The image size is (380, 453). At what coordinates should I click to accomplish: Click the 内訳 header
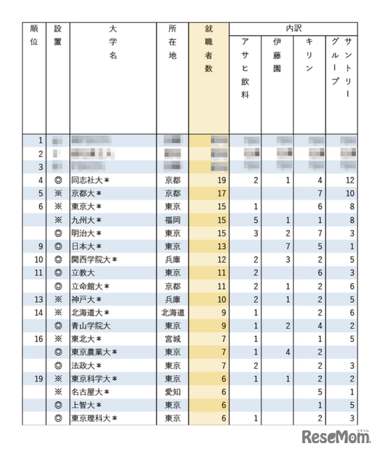tap(294, 29)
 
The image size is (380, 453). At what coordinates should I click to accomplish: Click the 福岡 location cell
tap(172, 220)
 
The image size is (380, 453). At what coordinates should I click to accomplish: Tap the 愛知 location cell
tap(172, 391)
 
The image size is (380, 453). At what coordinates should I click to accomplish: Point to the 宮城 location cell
tap(172, 338)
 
